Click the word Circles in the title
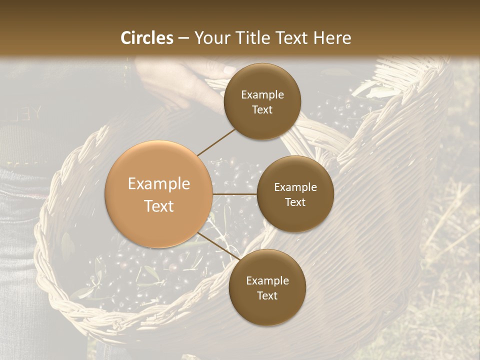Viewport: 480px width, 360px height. [x=147, y=38]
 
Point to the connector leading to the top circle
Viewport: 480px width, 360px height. [x=216, y=141]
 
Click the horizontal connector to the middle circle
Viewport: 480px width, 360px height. [x=235, y=194]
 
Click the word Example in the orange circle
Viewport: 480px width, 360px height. [x=159, y=184]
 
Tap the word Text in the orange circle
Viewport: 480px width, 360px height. [x=159, y=206]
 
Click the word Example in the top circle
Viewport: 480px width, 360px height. [x=262, y=95]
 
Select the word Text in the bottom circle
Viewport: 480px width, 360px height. [x=267, y=296]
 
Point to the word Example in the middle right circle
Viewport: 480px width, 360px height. [x=295, y=187]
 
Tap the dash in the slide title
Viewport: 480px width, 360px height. [x=183, y=38]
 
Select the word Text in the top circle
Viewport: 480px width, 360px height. [x=262, y=110]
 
